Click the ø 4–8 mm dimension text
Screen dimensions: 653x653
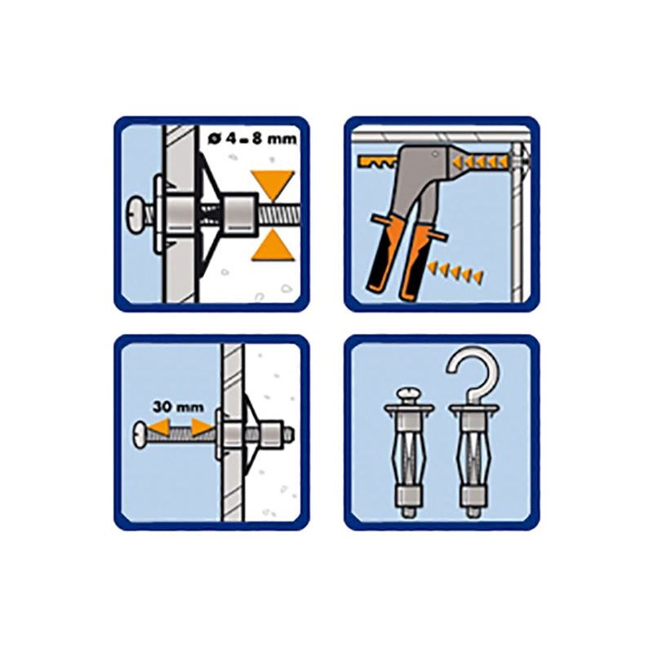coord(252,138)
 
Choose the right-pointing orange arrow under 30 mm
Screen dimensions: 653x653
coord(200,425)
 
